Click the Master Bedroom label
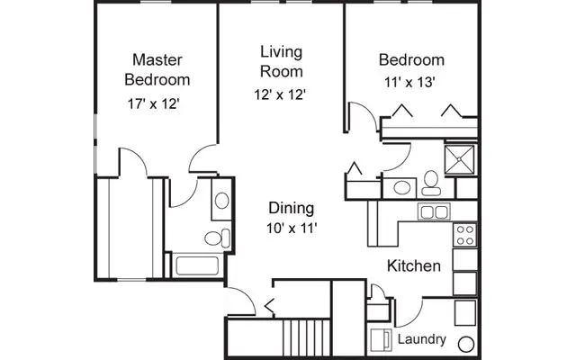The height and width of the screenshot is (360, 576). [x=157, y=69]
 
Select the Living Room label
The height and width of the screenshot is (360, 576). [x=281, y=60]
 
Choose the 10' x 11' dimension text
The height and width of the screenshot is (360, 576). [x=291, y=229]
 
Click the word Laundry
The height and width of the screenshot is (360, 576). [x=421, y=339]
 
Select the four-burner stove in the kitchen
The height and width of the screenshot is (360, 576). [x=465, y=235]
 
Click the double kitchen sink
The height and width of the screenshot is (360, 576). [x=434, y=212]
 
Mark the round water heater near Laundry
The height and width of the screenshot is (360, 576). [x=465, y=345]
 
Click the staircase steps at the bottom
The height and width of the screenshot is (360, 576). [x=303, y=339]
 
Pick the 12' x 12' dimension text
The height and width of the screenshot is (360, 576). [x=281, y=94]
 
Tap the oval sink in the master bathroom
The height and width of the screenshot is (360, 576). [x=221, y=201]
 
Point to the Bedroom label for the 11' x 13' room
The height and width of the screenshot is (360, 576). [x=411, y=60]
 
